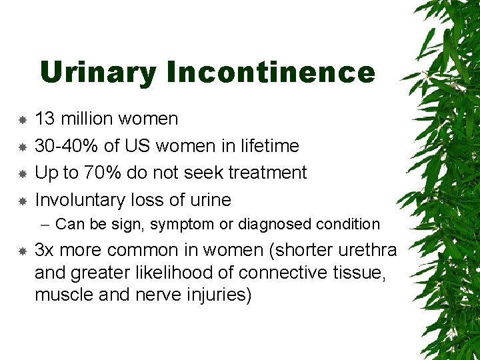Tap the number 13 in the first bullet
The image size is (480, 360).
tap(45, 119)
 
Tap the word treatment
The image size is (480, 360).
tap(267, 173)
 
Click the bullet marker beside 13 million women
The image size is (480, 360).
tap(22, 120)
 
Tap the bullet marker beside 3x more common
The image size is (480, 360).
tap(22, 251)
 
